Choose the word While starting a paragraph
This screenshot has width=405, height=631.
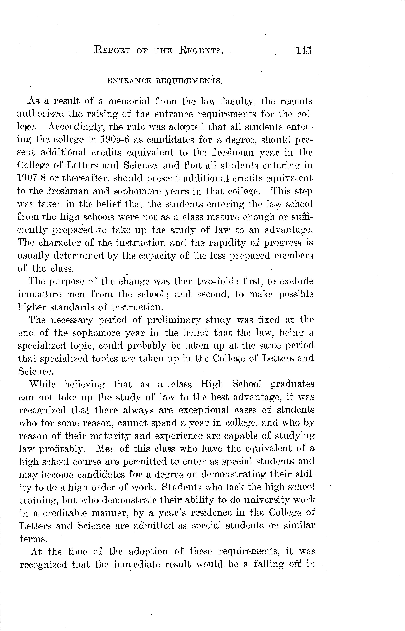(42, 384)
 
